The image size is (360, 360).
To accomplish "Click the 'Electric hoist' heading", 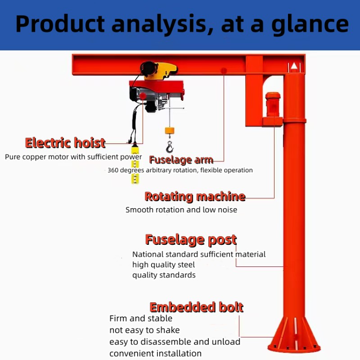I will click(65, 143).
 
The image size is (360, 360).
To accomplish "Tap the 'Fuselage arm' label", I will click(180, 160).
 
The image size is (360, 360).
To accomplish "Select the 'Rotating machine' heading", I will click(195, 196).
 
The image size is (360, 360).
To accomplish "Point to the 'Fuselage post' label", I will click(191, 240).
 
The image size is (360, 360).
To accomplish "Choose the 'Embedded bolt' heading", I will click(197, 307).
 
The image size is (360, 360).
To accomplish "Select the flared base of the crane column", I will click(293, 334).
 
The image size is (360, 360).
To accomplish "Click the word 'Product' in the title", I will click(60, 24).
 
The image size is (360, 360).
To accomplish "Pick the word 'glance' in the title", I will click(310, 24).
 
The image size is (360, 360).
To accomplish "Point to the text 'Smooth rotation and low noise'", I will click(181, 210).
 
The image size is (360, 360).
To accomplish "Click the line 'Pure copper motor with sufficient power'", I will click(73, 157).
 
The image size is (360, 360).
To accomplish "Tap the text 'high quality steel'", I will click(164, 264).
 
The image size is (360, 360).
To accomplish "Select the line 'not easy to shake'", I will click(144, 330).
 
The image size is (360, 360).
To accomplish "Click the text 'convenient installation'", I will click(156, 353).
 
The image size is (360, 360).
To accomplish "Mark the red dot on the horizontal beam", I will click(224, 71).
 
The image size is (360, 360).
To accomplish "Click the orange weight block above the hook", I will click(169, 130).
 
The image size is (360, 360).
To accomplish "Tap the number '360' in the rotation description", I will click(113, 170).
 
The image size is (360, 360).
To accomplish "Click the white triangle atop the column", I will click(293, 65).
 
